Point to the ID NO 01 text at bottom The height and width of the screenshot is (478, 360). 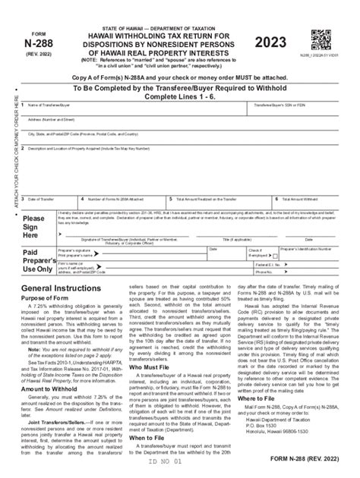point(175,470)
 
